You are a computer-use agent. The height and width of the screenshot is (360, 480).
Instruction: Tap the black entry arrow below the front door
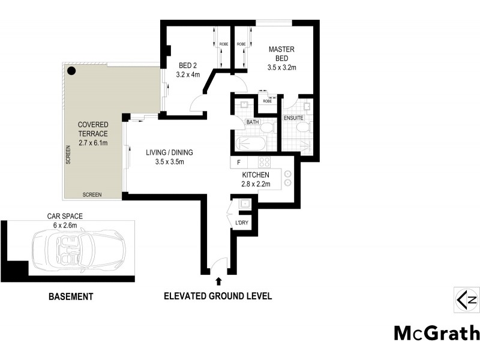218,280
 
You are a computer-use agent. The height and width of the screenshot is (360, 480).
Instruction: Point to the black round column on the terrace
71,71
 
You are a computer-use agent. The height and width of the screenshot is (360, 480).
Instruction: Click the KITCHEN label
256,175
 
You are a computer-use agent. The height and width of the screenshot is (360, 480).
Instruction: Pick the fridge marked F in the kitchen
239,162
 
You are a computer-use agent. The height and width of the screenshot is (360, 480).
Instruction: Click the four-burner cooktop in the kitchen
264,161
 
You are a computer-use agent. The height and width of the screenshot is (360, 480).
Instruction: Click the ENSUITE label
294,118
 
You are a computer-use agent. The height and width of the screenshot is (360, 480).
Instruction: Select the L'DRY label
242,223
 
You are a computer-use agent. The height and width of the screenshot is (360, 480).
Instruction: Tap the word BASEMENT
70,296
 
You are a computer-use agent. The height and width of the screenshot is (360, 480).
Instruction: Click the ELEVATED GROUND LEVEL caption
218,296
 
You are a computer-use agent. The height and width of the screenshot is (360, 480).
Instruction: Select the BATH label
253,122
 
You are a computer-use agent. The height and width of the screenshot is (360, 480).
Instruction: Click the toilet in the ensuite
302,128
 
